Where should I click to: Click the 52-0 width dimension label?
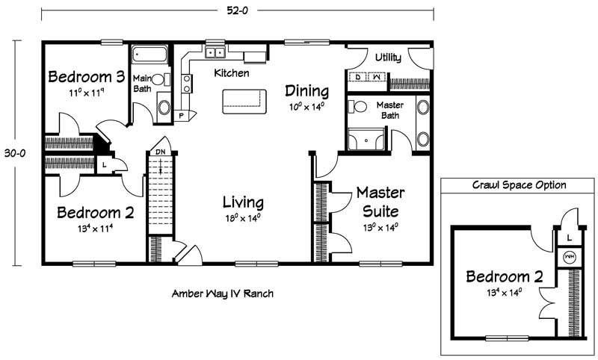237,10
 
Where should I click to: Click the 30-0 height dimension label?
15,153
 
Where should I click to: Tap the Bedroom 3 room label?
87,77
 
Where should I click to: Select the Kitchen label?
232,72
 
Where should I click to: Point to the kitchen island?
244,102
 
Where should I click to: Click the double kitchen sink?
215,52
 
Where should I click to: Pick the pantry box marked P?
181,116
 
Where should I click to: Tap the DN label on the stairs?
161,152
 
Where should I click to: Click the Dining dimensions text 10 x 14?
306,106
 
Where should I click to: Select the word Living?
243,202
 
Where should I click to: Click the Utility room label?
388,58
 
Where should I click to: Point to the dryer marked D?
358,77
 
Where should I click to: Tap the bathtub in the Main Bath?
149,55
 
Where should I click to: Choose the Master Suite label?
380,202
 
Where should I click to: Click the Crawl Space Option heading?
519,185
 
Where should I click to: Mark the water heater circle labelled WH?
570,258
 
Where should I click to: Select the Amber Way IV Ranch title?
223,294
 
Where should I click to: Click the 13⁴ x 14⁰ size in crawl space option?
504,293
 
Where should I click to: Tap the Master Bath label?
389,110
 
